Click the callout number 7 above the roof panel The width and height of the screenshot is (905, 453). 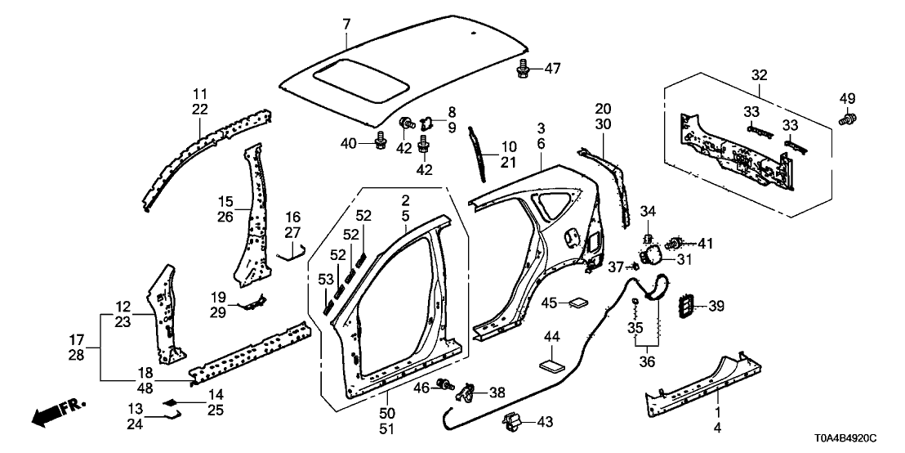click(x=346, y=24)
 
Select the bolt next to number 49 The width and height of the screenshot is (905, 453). click(x=847, y=119)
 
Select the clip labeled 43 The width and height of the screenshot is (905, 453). click(x=511, y=422)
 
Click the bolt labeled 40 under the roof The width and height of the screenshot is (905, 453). click(x=381, y=144)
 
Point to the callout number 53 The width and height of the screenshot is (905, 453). click(x=324, y=280)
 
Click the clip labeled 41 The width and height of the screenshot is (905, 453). click(x=677, y=243)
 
